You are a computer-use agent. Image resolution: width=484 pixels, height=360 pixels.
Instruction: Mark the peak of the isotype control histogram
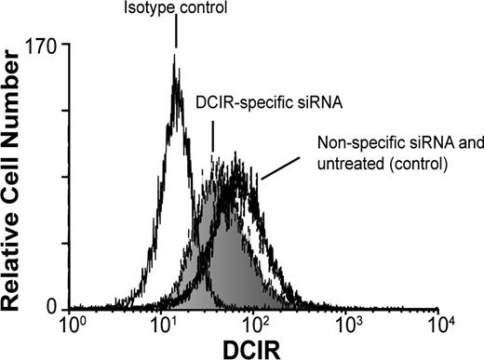[174, 58]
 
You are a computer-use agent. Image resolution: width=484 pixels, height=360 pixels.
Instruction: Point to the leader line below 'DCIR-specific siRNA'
[213, 138]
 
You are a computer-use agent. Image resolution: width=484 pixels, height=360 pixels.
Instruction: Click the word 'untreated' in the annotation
[350, 165]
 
